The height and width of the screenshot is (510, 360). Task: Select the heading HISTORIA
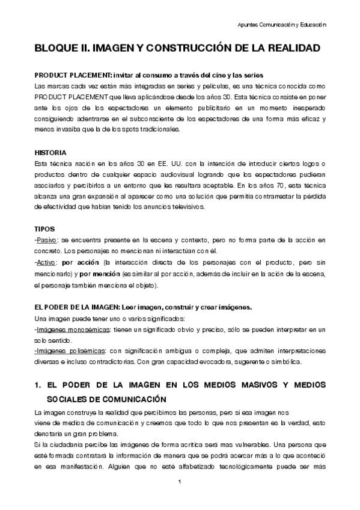50,152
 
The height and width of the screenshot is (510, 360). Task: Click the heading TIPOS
46,229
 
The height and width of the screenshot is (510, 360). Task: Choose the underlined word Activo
47,262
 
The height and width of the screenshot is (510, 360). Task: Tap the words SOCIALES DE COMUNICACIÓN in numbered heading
111,399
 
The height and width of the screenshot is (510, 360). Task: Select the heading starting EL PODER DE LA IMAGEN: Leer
144,307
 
